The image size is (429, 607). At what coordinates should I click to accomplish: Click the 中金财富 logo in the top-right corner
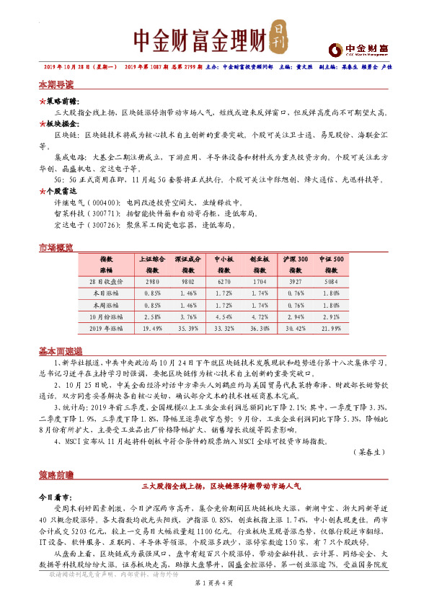tap(359, 49)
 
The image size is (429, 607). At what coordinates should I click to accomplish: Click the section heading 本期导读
tap(56, 85)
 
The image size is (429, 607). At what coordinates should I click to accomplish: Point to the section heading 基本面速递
tap(61, 351)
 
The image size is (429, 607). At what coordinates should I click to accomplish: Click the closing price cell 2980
tap(152, 282)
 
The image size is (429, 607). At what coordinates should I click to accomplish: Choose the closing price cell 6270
tap(224, 282)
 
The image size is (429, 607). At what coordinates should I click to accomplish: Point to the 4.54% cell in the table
tap(224, 316)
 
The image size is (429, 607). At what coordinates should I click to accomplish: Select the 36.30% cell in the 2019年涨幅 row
tap(260, 328)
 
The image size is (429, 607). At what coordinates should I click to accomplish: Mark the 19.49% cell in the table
tap(152, 328)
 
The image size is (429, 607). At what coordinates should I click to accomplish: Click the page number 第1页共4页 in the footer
tap(214, 595)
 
